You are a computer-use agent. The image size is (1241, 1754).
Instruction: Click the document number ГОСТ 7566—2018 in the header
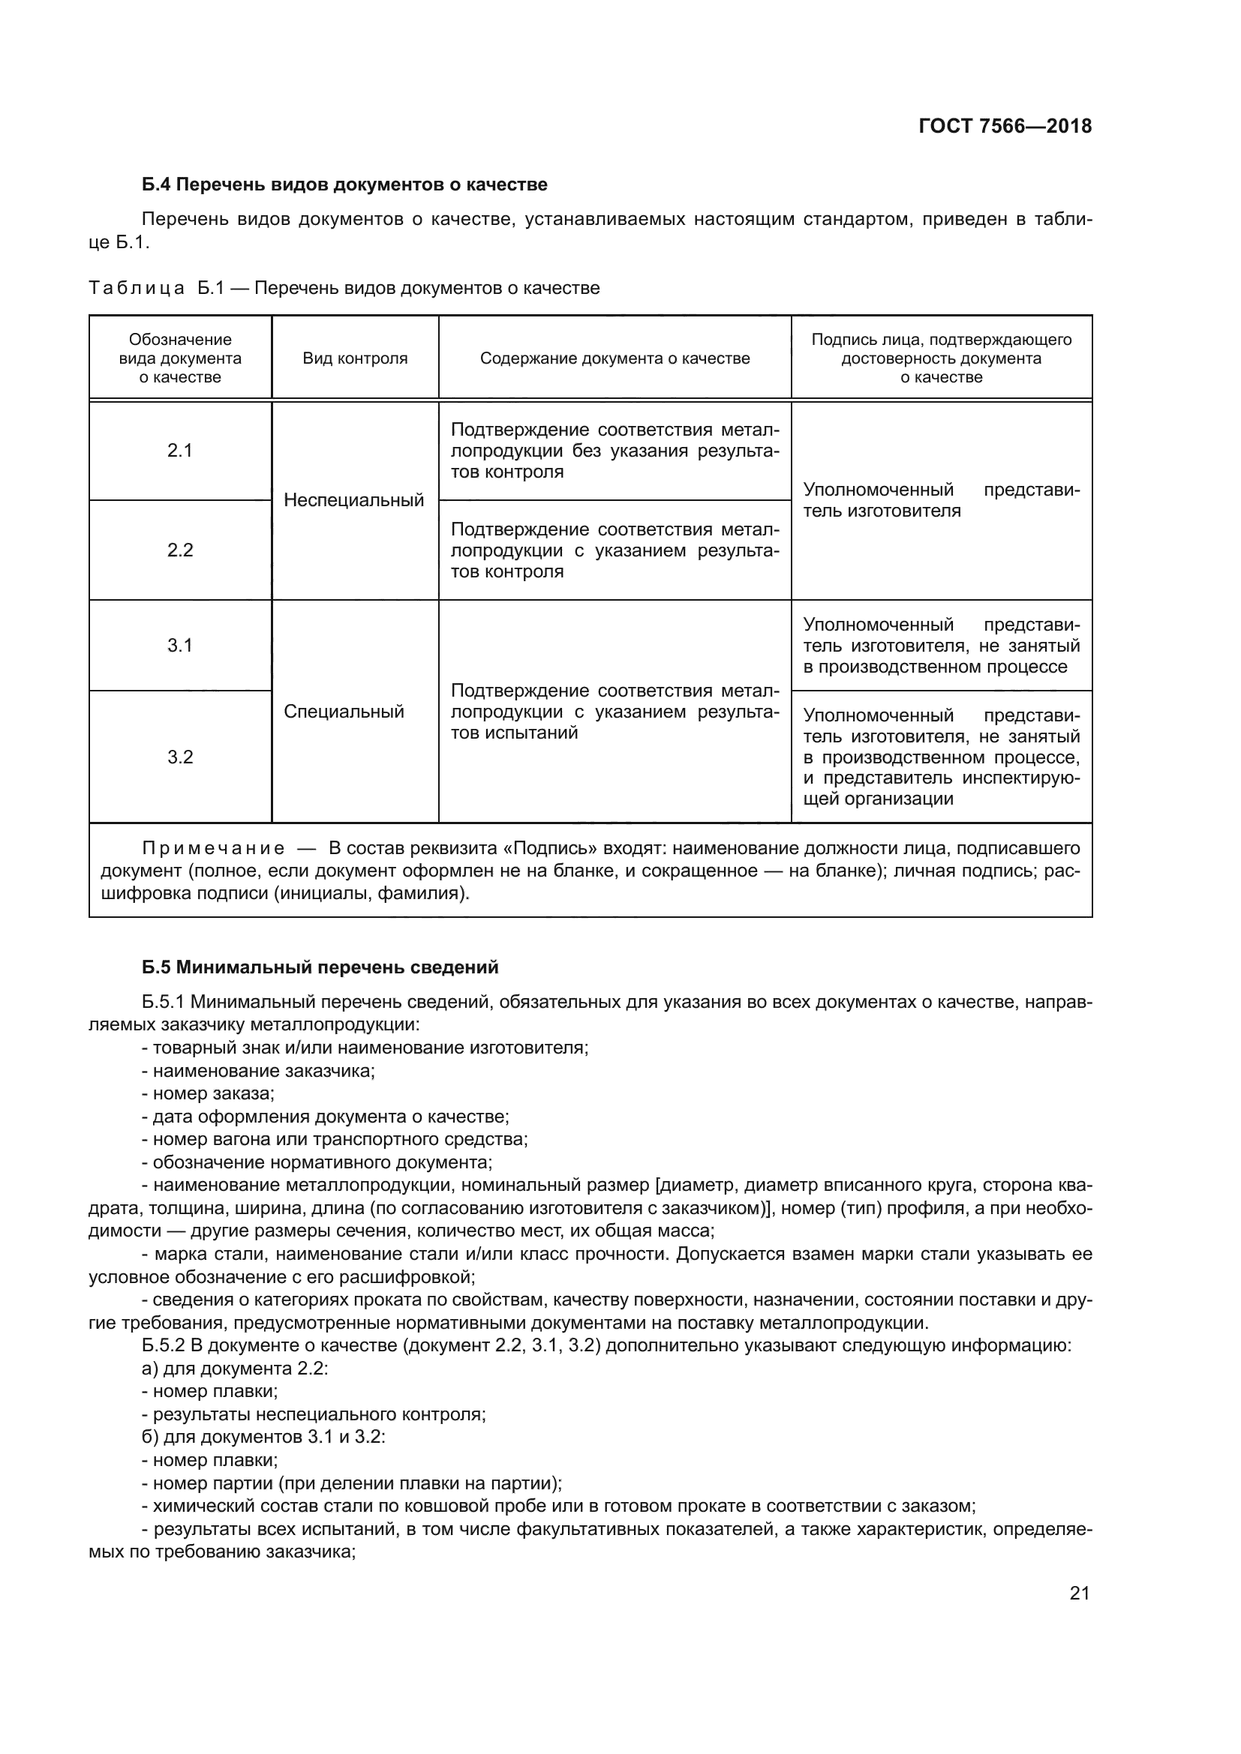pos(1004,126)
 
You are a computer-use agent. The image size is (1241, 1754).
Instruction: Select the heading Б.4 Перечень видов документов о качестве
pos(344,184)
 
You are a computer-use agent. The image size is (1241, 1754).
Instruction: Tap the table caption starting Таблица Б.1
pos(344,288)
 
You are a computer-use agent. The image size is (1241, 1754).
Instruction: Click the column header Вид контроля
pos(355,358)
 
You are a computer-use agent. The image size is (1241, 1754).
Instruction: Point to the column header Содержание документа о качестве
pos(614,358)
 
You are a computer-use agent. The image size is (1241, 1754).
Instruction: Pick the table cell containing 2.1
pos(179,451)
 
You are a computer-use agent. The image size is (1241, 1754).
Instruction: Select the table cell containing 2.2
pos(179,550)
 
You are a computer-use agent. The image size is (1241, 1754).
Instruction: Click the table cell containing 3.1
pos(179,646)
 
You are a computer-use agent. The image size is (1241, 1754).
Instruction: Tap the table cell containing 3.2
pos(179,757)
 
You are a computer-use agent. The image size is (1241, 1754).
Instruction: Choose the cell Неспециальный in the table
pos(354,500)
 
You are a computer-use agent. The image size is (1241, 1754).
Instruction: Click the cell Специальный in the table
pos(344,712)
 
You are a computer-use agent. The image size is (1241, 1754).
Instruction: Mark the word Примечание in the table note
pos(213,849)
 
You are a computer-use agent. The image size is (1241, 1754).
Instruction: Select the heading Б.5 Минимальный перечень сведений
pos(320,967)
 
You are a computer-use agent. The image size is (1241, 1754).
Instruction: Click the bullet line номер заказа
pos(208,1093)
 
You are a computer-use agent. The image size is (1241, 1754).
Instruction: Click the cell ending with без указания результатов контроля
pos(614,451)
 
